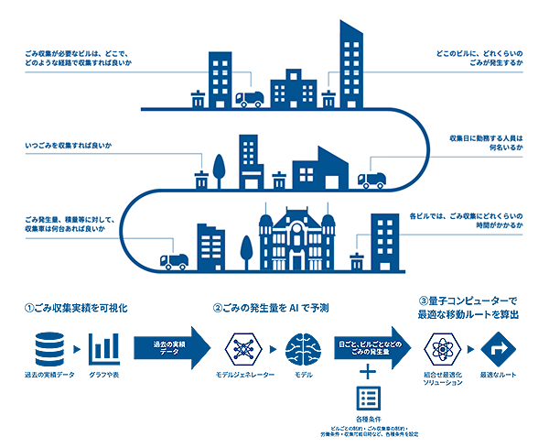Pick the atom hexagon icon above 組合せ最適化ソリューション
point(442,348)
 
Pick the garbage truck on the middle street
point(371,180)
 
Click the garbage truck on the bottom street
point(172,261)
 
